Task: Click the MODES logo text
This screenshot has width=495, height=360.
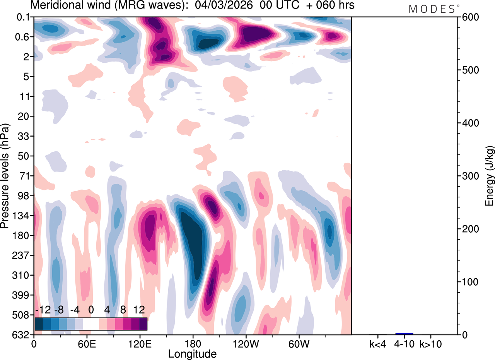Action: (x=432, y=9)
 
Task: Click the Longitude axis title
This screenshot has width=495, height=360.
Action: (x=192, y=353)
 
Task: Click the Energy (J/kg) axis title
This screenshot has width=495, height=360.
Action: (x=490, y=176)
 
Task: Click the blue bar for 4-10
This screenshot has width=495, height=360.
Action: (x=404, y=333)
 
